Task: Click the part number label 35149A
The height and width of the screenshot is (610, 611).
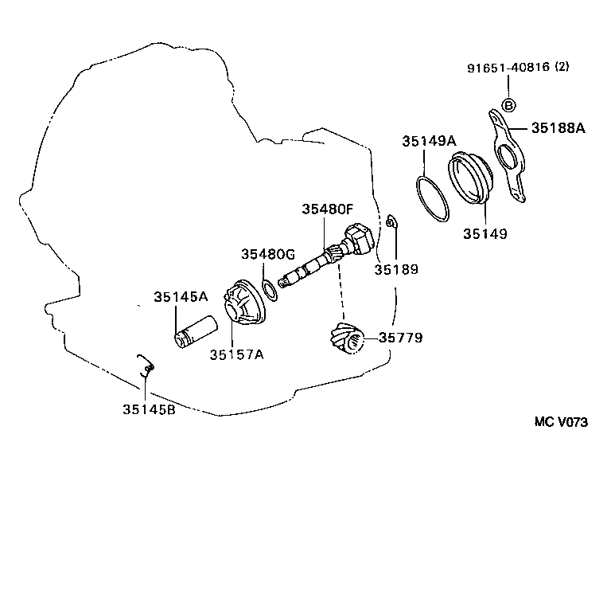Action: (x=429, y=141)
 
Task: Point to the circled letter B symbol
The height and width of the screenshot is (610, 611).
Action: (x=509, y=106)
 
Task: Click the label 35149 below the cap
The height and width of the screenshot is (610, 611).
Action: (x=485, y=234)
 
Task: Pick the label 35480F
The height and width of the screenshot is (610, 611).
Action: (x=327, y=209)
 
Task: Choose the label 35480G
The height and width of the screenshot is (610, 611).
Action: (x=268, y=254)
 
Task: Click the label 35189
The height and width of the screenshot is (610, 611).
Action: (x=396, y=269)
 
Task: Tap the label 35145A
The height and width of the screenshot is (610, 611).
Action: (x=181, y=297)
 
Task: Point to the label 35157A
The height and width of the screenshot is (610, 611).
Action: (x=236, y=354)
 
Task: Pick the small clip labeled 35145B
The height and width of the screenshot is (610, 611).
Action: (x=146, y=366)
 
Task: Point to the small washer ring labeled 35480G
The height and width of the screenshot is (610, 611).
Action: (x=270, y=287)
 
